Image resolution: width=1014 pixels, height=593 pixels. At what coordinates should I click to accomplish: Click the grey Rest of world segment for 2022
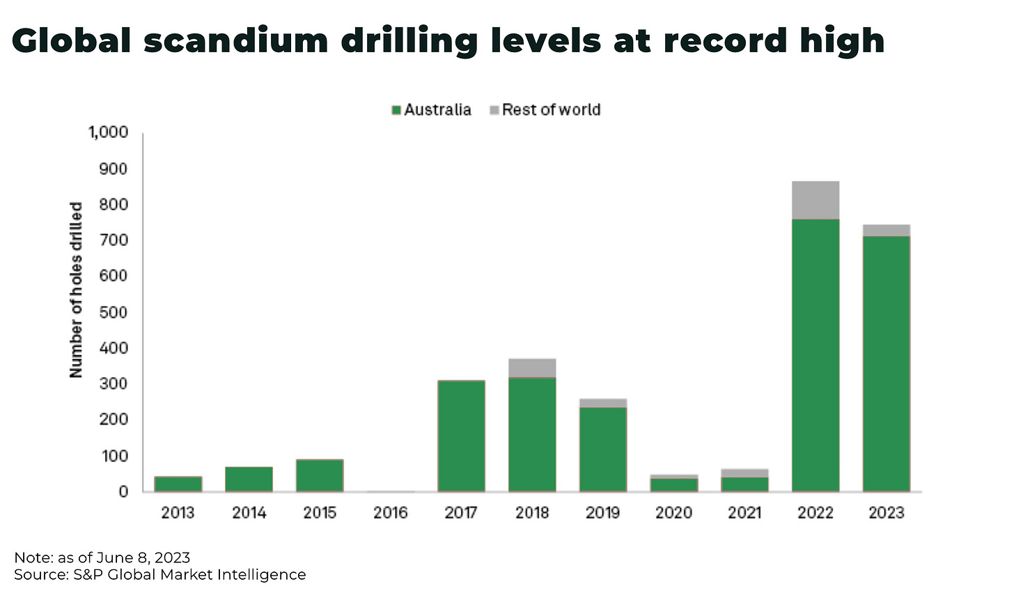pyautogui.click(x=816, y=200)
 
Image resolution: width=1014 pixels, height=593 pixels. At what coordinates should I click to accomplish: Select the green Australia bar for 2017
pyautogui.click(x=461, y=436)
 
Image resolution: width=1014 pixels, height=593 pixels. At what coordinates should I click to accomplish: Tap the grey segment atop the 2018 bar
pyautogui.click(x=532, y=368)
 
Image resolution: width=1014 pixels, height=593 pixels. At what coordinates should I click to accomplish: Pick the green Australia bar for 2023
pyautogui.click(x=886, y=363)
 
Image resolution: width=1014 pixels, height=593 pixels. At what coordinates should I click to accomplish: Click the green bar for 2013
pyautogui.click(x=178, y=484)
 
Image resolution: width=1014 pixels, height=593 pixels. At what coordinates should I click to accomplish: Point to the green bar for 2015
pyautogui.click(x=320, y=475)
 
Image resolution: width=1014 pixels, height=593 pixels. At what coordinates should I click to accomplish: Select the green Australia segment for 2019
pyautogui.click(x=603, y=449)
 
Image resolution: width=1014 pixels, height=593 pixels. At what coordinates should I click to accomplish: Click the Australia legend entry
pyautogui.click(x=432, y=110)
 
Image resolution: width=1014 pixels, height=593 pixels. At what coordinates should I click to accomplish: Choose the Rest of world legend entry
pyautogui.click(x=545, y=110)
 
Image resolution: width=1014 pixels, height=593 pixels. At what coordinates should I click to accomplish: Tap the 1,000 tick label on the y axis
pyautogui.click(x=108, y=132)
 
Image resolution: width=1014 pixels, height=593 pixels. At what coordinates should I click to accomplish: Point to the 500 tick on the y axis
pyautogui.click(x=114, y=312)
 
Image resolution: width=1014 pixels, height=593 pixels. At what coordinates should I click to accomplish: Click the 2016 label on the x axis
pyautogui.click(x=390, y=513)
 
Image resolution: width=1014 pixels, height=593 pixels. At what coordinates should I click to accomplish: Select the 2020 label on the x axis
pyautogui.click(x=673, y=513)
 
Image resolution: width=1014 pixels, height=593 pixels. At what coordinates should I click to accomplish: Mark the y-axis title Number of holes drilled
pyautogui.click(x=76, y=290)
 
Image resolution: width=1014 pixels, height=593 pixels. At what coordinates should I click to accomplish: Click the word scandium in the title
pyautogui.click(x=236, y=41)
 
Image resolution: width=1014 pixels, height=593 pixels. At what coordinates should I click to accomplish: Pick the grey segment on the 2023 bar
pyautogui.click(x=886, y=230)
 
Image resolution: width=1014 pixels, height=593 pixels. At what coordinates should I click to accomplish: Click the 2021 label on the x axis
pyautogui.click(x=744, y=513)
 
